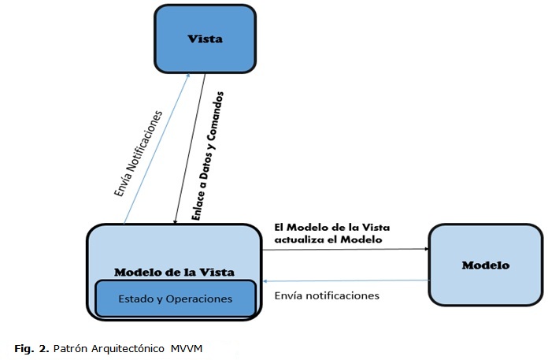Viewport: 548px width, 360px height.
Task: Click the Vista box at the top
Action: (205, 39)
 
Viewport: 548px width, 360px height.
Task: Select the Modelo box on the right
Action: (485, 265)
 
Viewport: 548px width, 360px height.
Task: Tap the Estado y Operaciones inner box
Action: (176, 299)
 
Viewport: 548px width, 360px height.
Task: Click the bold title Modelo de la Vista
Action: (174, 273)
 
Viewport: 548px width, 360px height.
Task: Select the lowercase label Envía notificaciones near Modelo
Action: (327, 295)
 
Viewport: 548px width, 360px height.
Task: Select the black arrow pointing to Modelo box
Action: (346, 250)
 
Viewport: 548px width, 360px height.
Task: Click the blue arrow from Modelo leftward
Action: (346, 280)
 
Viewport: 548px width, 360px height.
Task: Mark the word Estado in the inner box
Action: (135, 299)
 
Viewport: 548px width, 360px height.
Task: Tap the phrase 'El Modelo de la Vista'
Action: (331, 227)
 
